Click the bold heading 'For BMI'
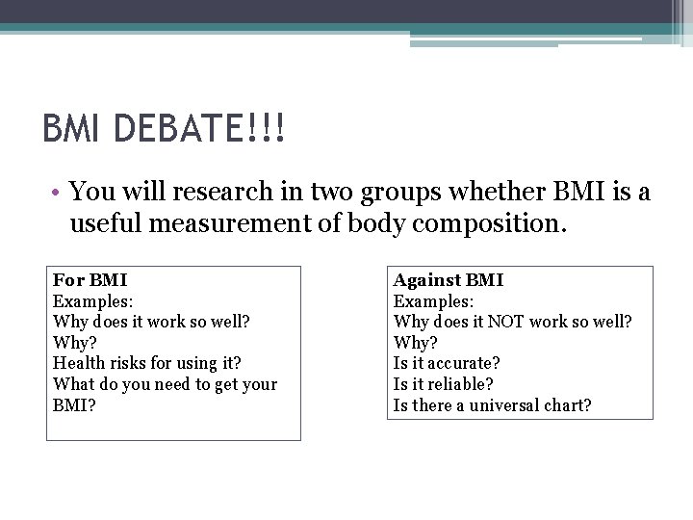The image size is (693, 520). point(90,280)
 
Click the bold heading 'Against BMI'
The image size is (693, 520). point(448,280)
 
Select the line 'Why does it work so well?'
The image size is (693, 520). point(151,322)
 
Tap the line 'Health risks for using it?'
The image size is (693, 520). point(146,363)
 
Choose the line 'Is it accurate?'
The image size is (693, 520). point(447,363)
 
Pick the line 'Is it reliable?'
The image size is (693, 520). point(444,384)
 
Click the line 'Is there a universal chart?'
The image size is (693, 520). point(492,405)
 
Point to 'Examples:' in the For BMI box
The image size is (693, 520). point(92,300)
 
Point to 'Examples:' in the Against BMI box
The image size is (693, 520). point(432,300)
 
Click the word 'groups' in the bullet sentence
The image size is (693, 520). point(396,192)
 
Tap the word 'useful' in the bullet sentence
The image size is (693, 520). point(100,224)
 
